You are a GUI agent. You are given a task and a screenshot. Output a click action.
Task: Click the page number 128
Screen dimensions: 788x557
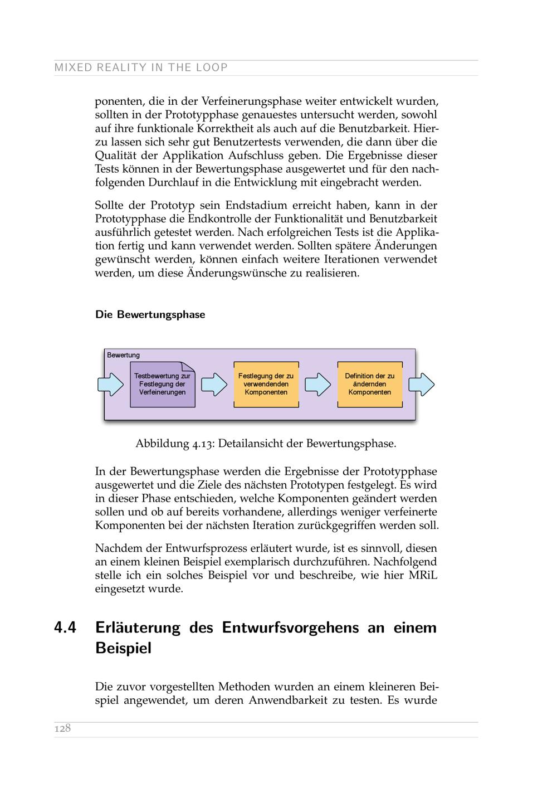(62, 728)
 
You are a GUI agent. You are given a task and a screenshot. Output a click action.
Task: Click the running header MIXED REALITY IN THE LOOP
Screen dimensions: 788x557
(141, 68)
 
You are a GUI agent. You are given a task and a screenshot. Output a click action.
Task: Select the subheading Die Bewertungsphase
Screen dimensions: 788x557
(150, 315)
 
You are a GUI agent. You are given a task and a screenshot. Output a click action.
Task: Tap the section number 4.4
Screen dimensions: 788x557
(65, 628)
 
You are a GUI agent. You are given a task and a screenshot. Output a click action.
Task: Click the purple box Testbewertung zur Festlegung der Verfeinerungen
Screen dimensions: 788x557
(162, 384)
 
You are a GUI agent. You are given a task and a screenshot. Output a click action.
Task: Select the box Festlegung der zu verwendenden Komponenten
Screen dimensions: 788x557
(266, 384)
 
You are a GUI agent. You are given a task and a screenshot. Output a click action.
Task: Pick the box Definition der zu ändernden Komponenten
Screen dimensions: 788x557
(369, 384)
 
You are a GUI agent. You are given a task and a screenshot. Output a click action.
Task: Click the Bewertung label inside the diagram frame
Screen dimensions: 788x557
(123, 355)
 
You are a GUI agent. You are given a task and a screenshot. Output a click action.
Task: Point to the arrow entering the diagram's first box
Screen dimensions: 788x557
(110, 385)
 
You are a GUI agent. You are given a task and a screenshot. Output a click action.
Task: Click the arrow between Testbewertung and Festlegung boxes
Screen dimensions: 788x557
(214, 385)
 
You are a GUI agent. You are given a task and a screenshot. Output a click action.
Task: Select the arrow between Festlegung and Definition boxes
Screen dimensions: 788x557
(317, 385)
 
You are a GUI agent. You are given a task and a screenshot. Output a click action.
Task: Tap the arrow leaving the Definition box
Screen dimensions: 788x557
(421, 385)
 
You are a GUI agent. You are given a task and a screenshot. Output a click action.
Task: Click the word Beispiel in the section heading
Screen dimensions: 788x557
(123, 649)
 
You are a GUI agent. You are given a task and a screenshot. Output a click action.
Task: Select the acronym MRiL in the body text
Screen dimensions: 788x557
(423, 575)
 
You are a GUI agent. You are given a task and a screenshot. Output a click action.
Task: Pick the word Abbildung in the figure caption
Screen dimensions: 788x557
(162, 444)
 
